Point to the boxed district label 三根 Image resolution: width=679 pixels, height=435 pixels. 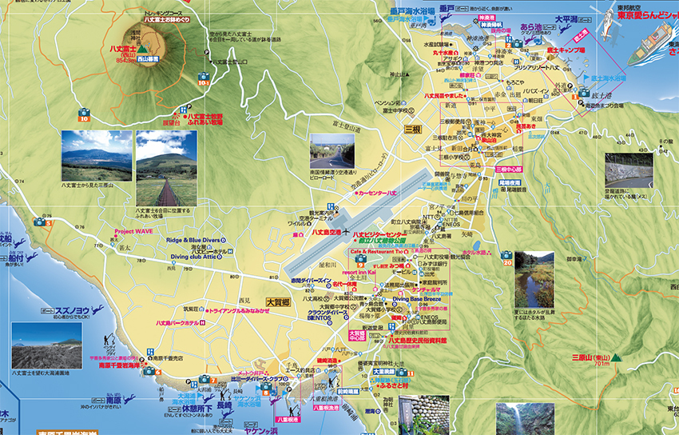(x=412, y=129)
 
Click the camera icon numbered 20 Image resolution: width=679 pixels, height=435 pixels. (x=506, y=257)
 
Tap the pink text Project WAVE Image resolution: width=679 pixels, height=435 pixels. (x=134, y=232)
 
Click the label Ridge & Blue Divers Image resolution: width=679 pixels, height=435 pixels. (x=193, y=239)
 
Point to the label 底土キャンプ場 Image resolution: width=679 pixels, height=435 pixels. (x=566, y=50)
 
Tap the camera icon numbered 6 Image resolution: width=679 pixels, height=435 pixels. (x=147, y=371)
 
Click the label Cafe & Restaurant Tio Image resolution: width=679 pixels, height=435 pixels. (x=374, y=249)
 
